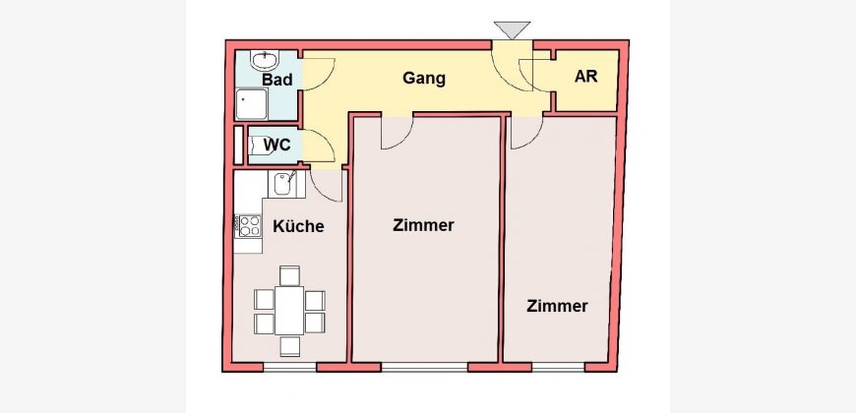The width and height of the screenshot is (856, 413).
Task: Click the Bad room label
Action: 277,80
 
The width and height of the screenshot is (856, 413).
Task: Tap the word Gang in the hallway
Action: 424,78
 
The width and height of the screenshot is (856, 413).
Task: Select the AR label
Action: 585,77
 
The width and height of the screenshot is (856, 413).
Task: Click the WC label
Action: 276,146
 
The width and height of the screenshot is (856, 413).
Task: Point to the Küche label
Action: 299,226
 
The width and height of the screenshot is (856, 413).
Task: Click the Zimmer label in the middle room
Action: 424,225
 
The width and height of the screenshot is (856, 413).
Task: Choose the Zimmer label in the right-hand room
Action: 557,306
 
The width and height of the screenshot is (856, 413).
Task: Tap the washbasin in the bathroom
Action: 266,60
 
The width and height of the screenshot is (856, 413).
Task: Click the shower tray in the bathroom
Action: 252,104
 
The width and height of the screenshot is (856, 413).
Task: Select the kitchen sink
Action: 283,184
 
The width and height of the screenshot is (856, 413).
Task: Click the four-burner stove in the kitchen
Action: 248,226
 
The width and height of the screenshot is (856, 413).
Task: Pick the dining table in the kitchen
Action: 289,311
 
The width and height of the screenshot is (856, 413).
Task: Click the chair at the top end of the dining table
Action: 289,275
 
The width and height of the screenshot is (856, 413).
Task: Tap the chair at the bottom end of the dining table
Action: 290,346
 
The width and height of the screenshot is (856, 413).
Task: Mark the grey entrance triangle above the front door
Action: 512,29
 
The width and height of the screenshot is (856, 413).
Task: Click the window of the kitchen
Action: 290,367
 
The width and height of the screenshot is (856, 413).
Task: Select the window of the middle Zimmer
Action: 424,367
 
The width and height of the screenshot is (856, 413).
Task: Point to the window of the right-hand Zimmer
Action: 558,367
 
